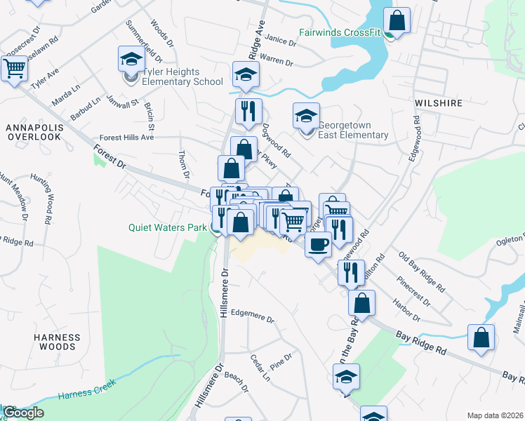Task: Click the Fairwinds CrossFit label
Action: pyautogui.click(x=340, y=32)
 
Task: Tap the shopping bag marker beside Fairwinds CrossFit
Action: pyautogui.click(x=397, y=22)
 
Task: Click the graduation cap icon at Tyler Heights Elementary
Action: pyautogui.click(x=131, y=60)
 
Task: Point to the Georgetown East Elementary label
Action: pyautogui.click(x=353, y=130)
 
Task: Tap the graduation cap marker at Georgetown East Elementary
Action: pyautogui.click(x=306, y=116)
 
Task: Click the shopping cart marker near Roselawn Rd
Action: pyautogui.click(x=14, y=69)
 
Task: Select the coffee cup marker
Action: pyautogui.click(x=318, y=245)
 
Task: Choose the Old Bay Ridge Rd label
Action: pyautogui.click(x=421, y=272)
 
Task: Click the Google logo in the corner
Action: pyautogui.click(x=22, y=413)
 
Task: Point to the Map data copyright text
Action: pyautogui.click(x=496, y=415)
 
